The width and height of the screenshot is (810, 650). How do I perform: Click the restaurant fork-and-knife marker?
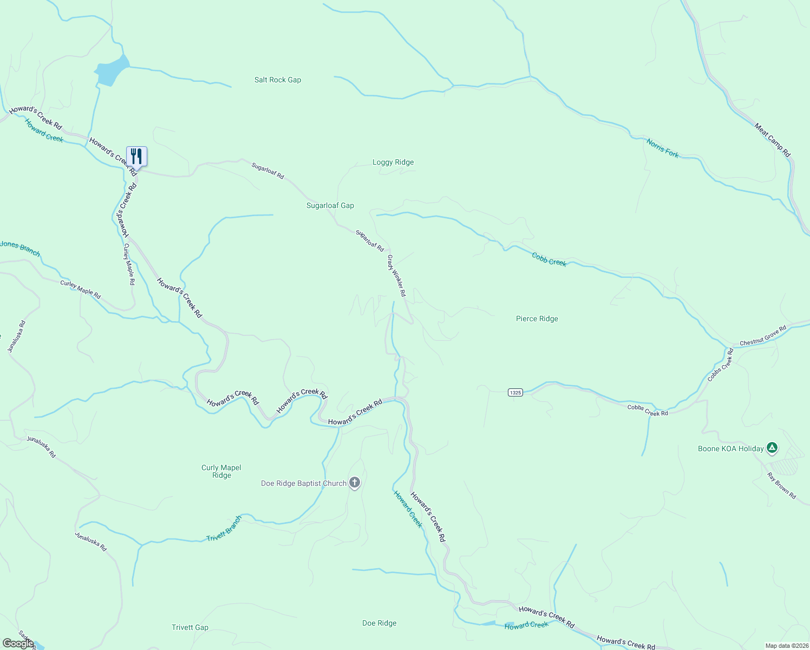136,157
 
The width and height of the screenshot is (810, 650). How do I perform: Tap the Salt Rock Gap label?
278,80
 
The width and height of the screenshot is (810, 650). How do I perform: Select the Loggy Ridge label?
393,162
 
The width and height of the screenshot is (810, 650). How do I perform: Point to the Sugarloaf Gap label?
330,205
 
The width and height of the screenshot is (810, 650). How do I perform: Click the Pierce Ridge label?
537,318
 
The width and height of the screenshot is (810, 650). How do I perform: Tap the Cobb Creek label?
549,259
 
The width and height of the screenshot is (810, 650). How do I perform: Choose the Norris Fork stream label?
662,148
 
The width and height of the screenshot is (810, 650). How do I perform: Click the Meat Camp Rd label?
773,140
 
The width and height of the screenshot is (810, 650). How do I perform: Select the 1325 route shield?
515,392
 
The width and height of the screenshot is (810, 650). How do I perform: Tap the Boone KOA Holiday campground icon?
772,448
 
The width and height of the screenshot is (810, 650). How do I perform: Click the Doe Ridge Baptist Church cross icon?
355,482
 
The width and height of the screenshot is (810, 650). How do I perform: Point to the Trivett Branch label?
224,529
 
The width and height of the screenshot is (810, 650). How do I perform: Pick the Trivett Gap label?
190,627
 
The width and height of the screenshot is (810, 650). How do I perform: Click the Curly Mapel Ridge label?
221,471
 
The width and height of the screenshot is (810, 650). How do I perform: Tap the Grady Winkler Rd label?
396,276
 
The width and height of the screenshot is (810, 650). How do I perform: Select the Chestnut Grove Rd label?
763,336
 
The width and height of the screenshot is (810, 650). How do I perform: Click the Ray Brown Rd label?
782,486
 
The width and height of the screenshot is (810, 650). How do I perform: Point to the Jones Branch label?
20,248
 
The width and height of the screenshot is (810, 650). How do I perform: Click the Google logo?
18,643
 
